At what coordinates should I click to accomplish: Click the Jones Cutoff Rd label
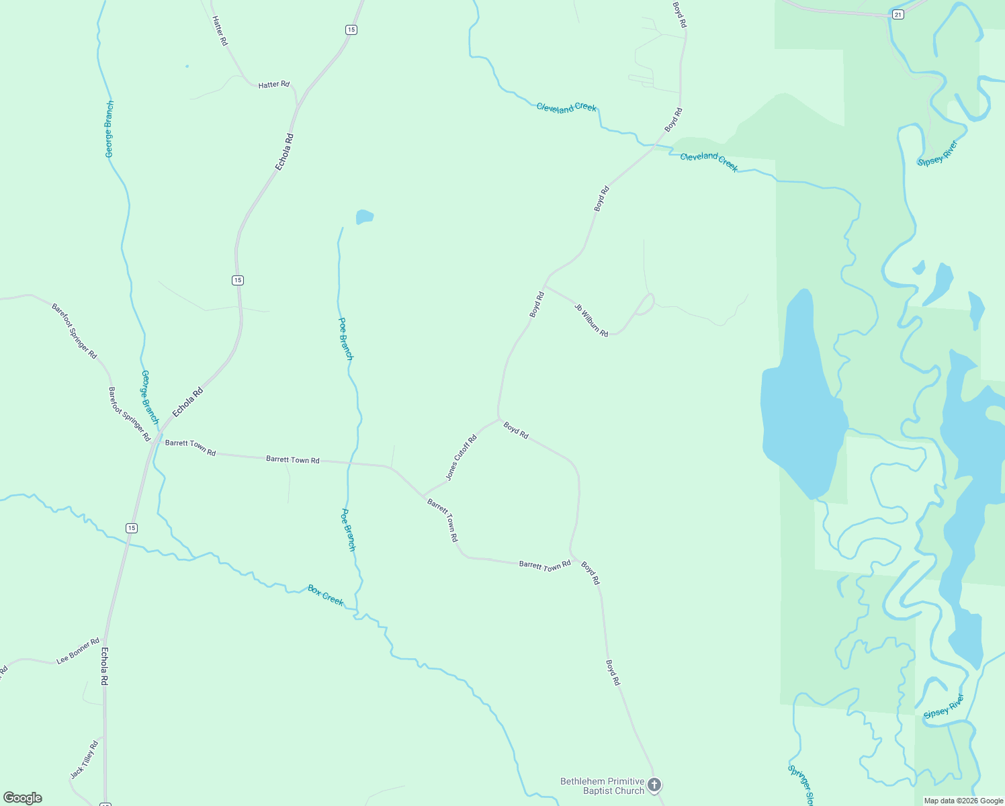pos(462,457)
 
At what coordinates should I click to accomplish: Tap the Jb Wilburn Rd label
pos(591,320)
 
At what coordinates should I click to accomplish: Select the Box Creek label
pos(326,595)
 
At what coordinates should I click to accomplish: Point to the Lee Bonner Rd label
pos(78,651)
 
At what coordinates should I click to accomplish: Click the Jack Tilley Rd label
pos(84,760)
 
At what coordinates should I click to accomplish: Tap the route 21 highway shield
pos(898,14)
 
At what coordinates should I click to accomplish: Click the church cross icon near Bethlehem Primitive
pos(654,785)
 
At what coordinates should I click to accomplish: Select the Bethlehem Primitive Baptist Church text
pos(603,786)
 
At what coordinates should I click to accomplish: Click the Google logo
pos(23,798)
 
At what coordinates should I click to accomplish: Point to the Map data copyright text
pos(963,801)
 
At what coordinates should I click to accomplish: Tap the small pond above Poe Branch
pos(364,216)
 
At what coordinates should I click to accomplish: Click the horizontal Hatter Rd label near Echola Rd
pos(273,85)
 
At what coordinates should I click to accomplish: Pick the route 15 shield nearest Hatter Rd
pos(351,30)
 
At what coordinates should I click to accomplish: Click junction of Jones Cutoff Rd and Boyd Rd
pos(499,420)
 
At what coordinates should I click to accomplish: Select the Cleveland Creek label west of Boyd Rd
pos(566,107)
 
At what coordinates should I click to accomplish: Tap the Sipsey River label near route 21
pos(937,153)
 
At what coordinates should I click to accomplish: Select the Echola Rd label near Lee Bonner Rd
pos(104,666)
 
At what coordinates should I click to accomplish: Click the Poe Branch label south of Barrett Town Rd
pos(348,529)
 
